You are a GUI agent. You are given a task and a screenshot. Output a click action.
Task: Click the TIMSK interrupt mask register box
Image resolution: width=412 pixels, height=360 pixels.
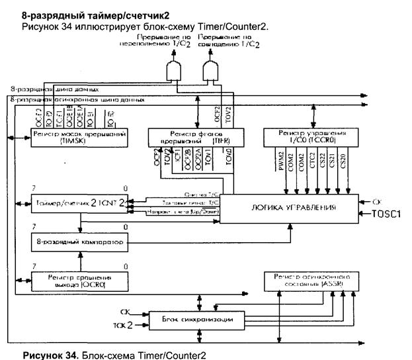[x=79, y=137]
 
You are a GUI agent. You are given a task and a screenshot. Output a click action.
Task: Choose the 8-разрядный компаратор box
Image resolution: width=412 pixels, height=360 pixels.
[x=79, y=243]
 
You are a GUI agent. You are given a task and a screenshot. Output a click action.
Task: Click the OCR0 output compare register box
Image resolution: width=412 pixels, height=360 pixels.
[x=79, y=280]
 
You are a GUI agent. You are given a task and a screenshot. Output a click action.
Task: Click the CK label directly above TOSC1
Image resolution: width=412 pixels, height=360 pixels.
[x=376, y=199]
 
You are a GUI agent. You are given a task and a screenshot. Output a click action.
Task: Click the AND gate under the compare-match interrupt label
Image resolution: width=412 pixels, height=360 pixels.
[x=212, y=71]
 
